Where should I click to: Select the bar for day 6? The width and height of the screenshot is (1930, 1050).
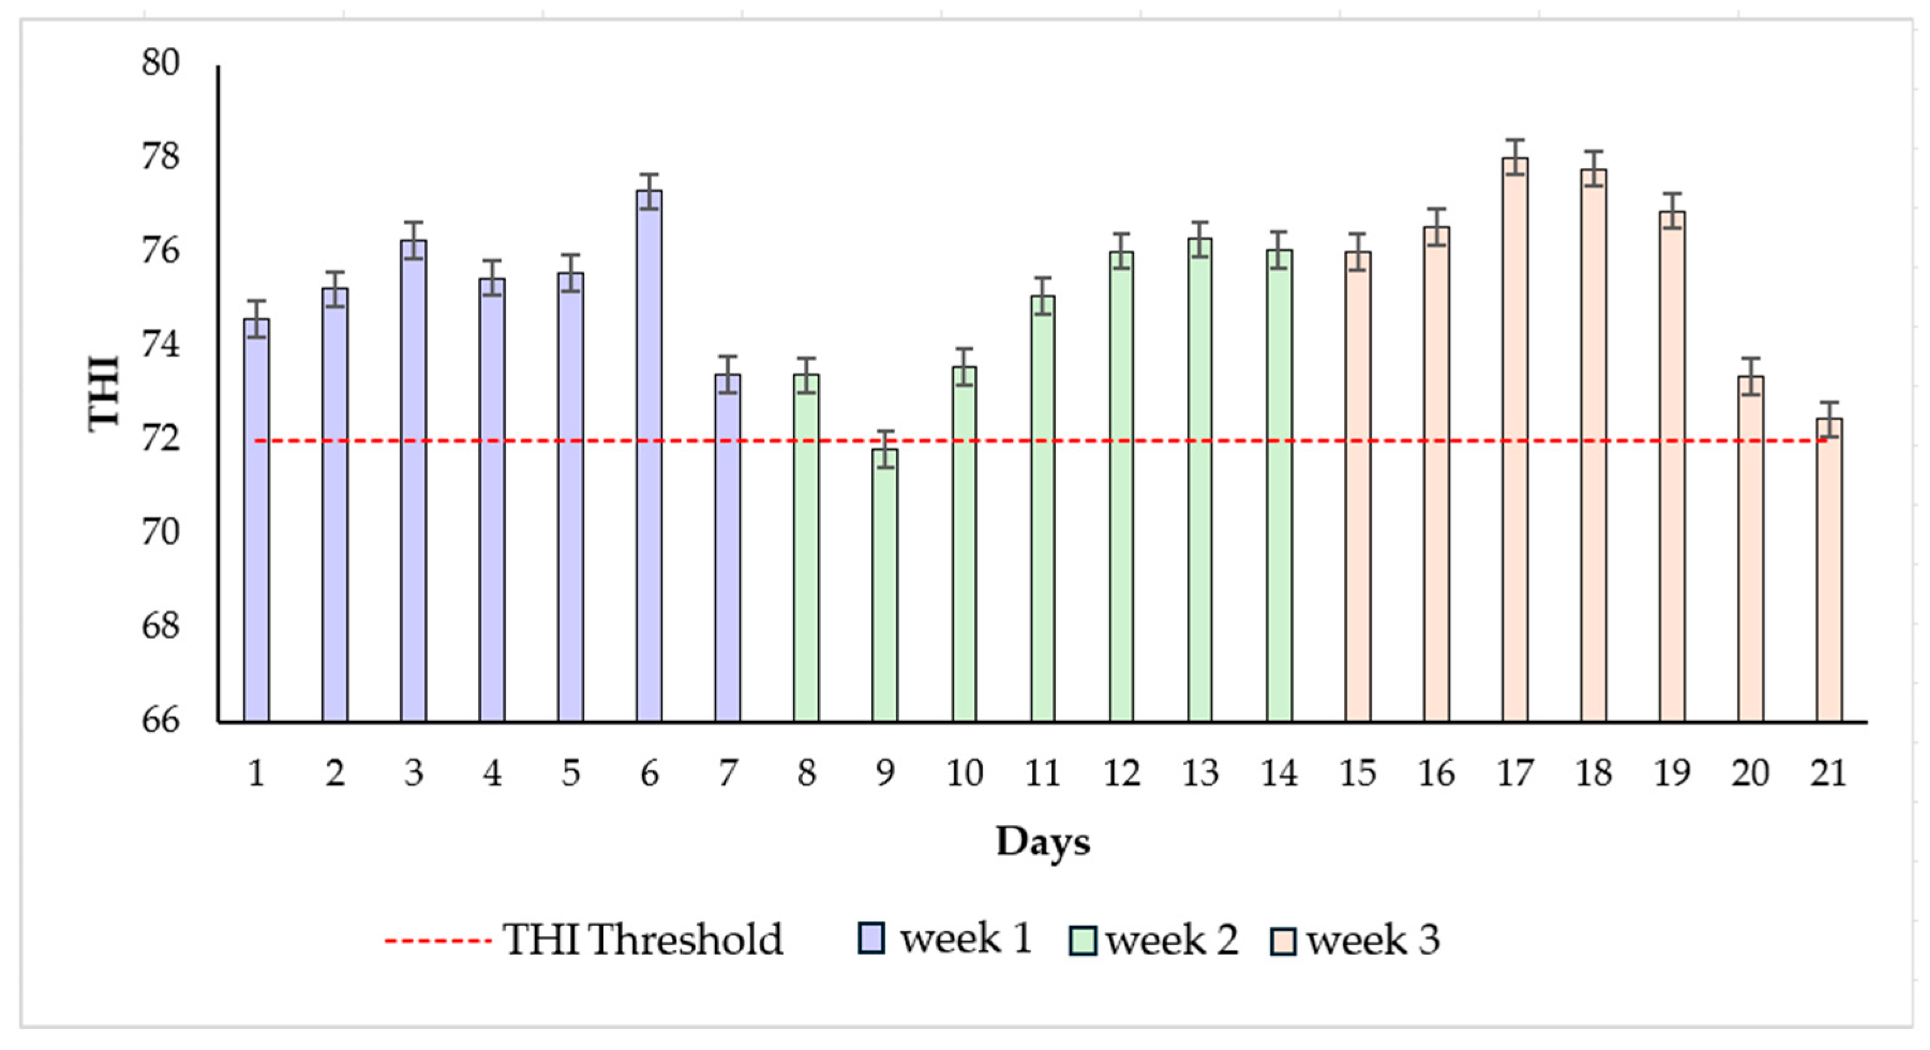[x=649, y=457]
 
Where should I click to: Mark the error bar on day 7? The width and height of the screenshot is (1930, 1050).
[x=727, y=374]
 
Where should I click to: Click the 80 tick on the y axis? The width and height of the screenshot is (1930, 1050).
[x=161, y=62]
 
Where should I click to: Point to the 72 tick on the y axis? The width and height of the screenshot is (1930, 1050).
[x=161, y=440]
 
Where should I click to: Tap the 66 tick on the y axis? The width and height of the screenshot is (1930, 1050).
[x=161, y=720]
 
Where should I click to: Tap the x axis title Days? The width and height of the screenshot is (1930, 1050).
[x=1042, y=842]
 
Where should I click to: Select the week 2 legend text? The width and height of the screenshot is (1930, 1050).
[x=1172, y=940]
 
